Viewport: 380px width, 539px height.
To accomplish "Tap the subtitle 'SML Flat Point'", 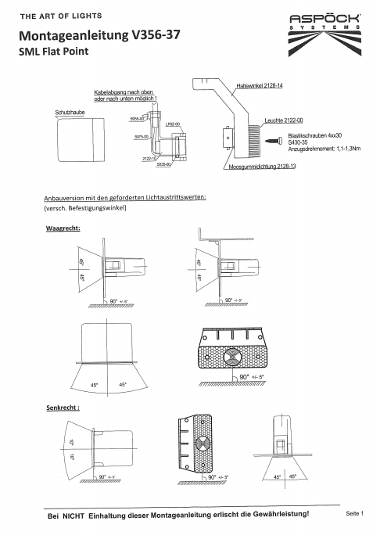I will coord(54,52).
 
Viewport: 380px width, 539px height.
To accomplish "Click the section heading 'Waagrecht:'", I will coord(65,228).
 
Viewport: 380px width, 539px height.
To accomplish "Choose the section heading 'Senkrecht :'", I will coord(65,408).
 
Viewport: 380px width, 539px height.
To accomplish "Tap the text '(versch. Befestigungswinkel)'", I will coord(85,209).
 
